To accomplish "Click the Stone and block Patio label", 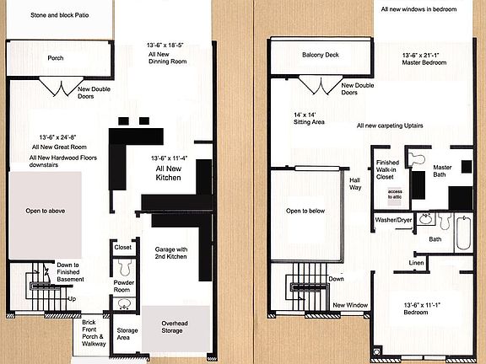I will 59,16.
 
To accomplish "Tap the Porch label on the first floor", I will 56,58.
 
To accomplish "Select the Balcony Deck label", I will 320,56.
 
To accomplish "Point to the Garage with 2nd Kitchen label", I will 175,255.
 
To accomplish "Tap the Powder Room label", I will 124,287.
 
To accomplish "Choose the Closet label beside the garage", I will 123,248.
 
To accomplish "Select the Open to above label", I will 46,210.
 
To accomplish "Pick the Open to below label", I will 305,211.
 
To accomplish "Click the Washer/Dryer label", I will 392,220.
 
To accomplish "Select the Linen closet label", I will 417,264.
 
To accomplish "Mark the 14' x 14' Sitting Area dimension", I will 303,118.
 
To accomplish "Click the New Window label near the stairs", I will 349,304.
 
